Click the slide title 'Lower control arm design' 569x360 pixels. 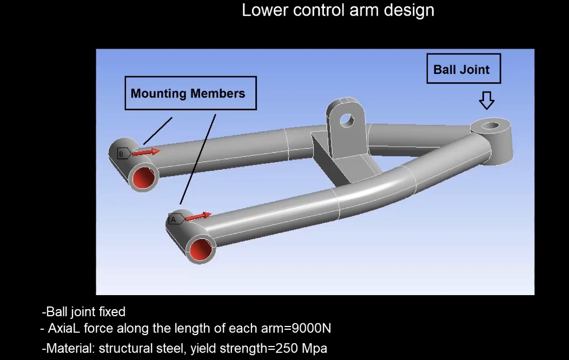coord(338,10)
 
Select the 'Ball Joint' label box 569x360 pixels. coord(463,69)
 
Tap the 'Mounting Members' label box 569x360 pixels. coord(190,93)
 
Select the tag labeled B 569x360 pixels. coord(122,154)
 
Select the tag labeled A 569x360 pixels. coord(175,219)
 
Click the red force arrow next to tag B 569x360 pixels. coord(147,152)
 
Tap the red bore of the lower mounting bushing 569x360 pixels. coord(201,249)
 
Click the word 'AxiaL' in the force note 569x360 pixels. coord(64,328)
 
